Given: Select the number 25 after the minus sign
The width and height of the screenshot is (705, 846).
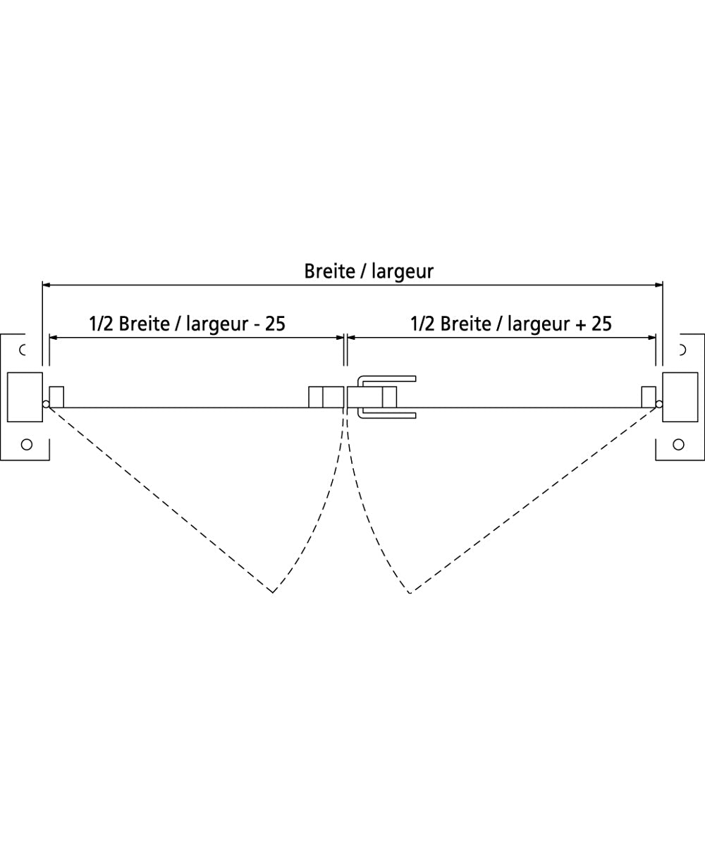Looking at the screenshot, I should tap(275, 324).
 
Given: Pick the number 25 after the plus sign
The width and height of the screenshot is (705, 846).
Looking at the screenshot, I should tap(601, 324).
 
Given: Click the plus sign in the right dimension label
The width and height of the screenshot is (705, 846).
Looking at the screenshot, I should tap(580, 324).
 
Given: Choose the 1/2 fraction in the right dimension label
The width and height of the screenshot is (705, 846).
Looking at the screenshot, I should tap(424, 324).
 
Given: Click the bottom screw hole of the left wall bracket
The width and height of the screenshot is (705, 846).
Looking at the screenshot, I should tap(27, 444).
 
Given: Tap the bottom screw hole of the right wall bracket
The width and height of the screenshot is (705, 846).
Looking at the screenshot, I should tap(678, 444).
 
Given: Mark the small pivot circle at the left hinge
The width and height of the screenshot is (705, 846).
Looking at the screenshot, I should tap(46, 405).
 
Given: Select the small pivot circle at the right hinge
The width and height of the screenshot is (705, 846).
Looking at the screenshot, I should tap(659, 405).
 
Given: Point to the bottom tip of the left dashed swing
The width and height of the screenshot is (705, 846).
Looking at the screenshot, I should tap(272, 592).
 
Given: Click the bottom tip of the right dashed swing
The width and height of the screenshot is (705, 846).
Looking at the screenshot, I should tap(410, 592).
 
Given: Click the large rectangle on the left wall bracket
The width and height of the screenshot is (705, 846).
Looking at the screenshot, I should tap(25, 397).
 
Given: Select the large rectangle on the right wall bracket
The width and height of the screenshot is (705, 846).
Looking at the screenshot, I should tap(680, 397).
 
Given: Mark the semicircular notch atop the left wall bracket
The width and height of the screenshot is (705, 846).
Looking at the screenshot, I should tap(23, 349).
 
